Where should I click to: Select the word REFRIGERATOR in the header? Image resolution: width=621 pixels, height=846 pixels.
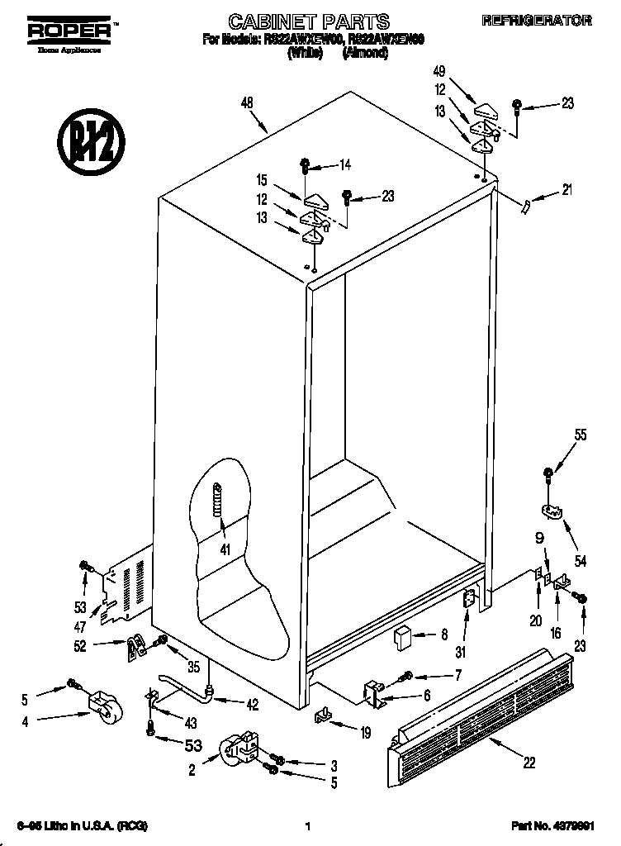[537, 21]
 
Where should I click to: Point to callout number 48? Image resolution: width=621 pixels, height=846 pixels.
[247, 103]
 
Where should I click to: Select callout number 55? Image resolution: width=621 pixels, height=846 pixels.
[581, 435]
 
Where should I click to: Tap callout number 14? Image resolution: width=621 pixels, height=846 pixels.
[344, 164]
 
